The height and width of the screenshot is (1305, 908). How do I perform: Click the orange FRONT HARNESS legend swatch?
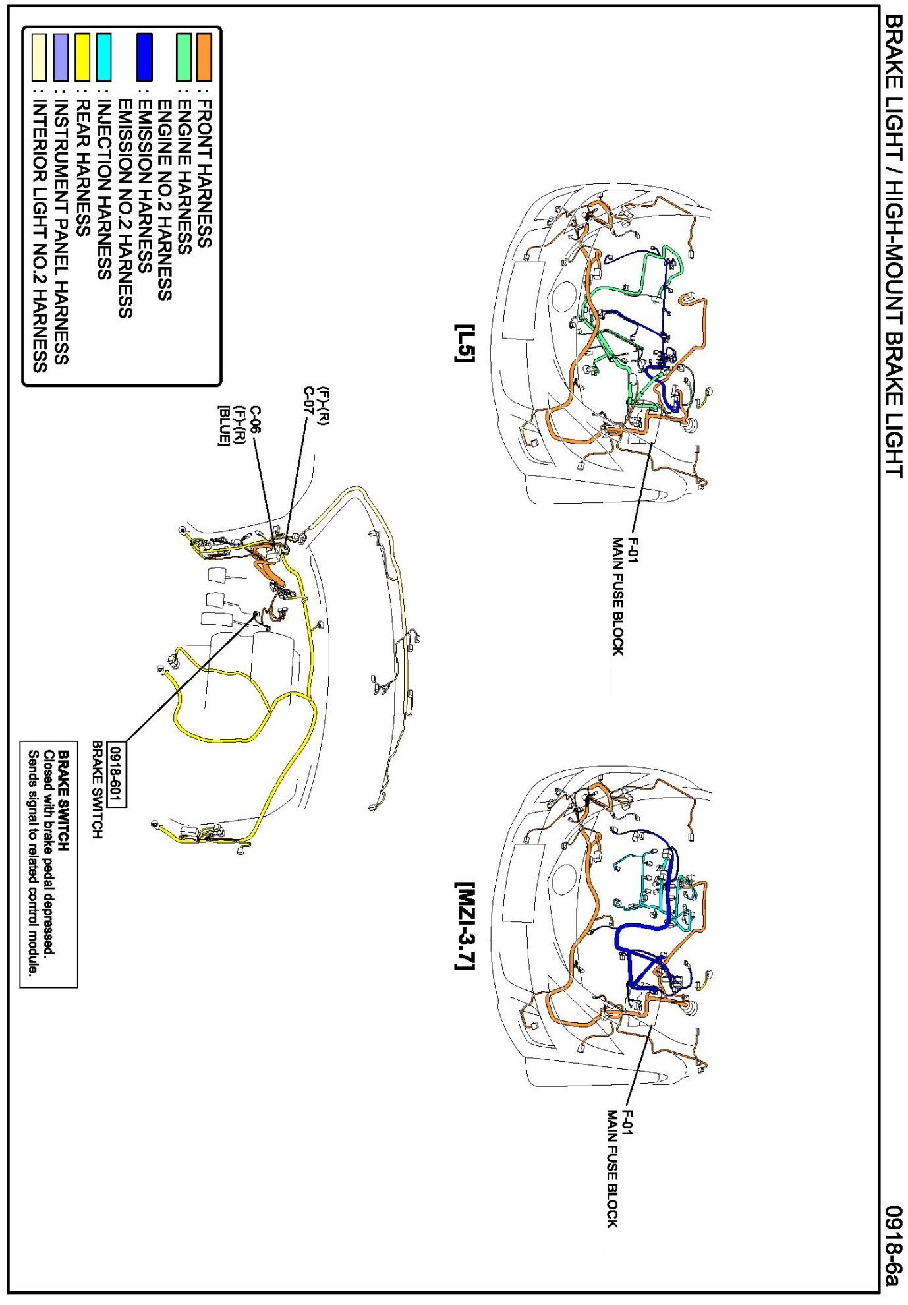[x=204, y=57]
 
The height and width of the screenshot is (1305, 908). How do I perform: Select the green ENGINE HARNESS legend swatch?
[x=184, y=57]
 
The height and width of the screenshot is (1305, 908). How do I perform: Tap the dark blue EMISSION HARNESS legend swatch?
[x=144, y=57]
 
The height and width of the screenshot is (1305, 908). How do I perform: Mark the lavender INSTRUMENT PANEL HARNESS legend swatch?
[x=62, y=57]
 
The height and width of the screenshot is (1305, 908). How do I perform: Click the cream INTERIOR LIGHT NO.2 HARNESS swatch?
[x=41, y=57]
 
